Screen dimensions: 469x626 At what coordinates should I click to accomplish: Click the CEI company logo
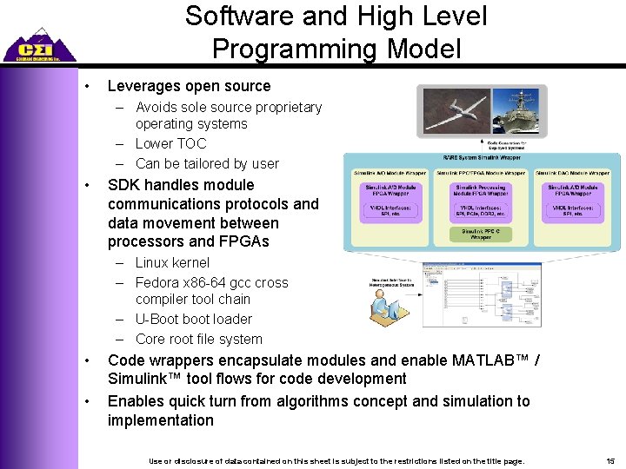(x=38, y=45)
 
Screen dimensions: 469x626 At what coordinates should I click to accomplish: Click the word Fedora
(x=159, y=282)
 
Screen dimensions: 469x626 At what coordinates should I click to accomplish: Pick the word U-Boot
(x=159, y=319)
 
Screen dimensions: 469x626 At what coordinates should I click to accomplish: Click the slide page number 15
(x=610, y=459)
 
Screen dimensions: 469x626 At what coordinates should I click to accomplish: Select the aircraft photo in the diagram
(x=452, y=111)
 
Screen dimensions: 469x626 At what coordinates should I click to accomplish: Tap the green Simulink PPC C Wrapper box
(x=481, y=233)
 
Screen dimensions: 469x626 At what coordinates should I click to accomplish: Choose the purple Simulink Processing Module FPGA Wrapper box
(x=481, y=191)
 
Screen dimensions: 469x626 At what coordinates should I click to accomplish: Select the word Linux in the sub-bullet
(x=153, y=262)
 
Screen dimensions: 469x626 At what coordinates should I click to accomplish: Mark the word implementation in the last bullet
(x=160, y=420)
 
